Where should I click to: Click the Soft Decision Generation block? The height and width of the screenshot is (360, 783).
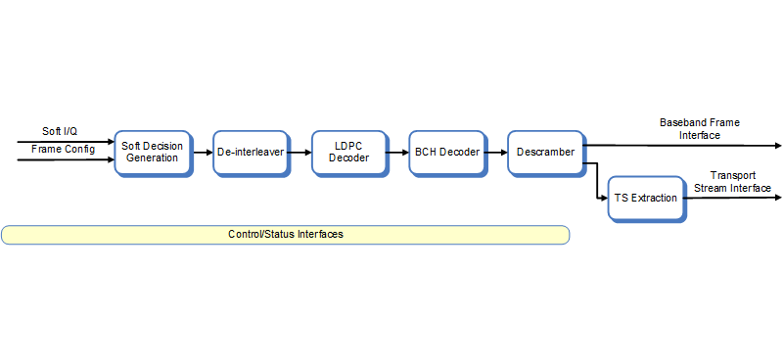click(152, 153)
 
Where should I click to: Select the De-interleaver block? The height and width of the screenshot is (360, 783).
click(250, 153)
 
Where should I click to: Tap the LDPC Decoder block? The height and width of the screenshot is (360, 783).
click(348, 153)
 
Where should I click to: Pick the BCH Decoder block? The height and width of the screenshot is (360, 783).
click(446, 153)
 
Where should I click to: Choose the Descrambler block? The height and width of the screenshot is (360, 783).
click(545, 153)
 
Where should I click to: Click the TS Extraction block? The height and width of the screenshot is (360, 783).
click(645, 199)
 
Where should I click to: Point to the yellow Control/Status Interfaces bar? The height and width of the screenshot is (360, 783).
click(285, 235)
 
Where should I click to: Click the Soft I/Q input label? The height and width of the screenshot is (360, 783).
click(60, 131)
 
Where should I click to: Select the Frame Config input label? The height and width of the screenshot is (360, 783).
click(62, 149)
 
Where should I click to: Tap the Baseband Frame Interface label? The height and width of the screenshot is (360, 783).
click(699, 129)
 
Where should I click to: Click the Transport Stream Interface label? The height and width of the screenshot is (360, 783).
click(732, 182)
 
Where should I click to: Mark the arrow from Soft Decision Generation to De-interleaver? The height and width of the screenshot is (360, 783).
click(202, 153)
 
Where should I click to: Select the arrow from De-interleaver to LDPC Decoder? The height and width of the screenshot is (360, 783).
click(299, 153)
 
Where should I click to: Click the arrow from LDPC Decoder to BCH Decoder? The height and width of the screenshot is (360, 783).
click(397, 153)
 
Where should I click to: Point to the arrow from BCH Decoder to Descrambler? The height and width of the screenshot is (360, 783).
click(495, 153)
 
